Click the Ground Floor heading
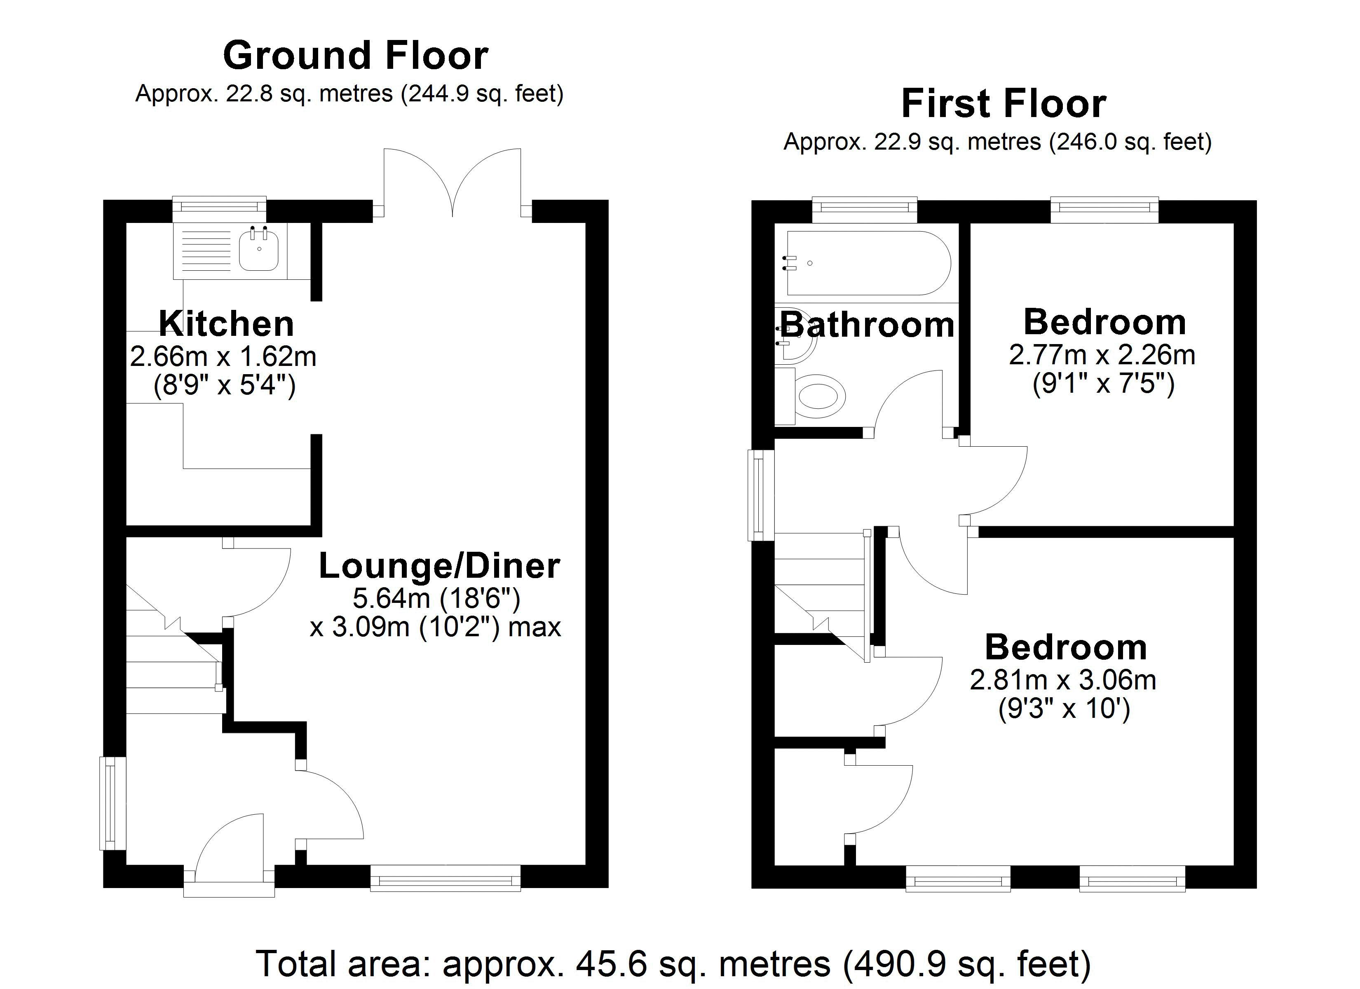[356, 56]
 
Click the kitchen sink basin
[258, 251]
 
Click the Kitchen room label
[226, 324]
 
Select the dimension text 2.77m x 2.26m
[1102, 355]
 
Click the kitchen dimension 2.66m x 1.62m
[223, 357]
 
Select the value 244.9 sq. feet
[481, 94]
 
